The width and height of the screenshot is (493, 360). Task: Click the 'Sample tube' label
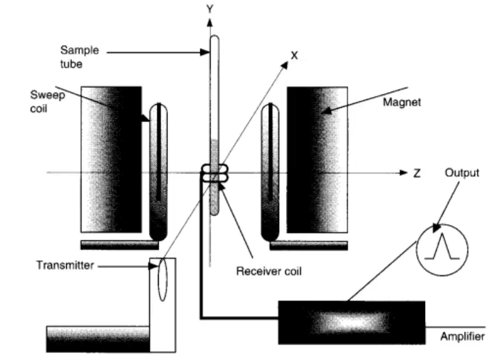[x=80, y=57]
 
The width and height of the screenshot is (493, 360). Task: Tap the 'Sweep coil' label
[x=48, y=101]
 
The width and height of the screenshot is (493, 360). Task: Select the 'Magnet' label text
[x=402, y=102]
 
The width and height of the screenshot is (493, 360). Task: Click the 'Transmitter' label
[x=65, y=265]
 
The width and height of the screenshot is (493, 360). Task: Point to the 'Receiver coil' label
[x=269, y=271]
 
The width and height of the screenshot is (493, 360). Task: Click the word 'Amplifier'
[x=463, y=337]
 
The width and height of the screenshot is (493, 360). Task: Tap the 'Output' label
[x=462, y=173]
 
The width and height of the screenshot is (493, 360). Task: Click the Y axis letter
[x=209, y=9]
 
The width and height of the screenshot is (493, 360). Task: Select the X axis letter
[x=294, y=56]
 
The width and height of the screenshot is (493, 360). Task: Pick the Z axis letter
[x=417, y=173]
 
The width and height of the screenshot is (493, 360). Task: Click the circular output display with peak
[x=442, y=250]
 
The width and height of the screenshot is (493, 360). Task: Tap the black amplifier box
[x=352, y=322]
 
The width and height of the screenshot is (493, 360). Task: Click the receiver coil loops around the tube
[x=214, y=173]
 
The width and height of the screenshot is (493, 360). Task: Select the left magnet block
[x=111, y=159]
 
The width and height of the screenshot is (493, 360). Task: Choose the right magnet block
[x=318, y=159]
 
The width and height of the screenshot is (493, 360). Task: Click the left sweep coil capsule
[x=158, y=172]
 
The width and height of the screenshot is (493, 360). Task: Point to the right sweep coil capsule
[x=270, y=172]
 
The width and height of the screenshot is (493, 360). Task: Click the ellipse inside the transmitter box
[x=162, y=279]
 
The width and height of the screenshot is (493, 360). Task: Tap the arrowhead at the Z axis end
[x=403, y=172]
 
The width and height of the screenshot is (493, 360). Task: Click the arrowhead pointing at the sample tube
[x=204, y=52]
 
